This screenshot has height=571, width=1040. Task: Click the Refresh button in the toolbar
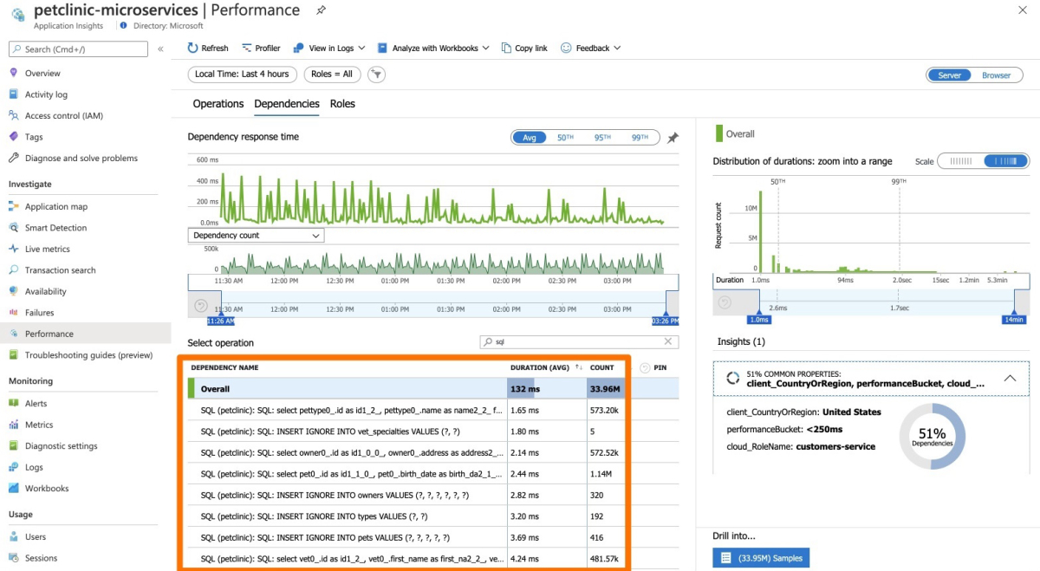pyautogui.click(x=208, y=49)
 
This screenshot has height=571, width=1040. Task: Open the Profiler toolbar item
pyautogui.click(x=262, y=49)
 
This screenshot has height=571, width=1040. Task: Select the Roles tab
pyautogui.click(x=342, y=104)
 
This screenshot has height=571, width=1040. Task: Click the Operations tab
pyautogui.click(x=218, y=104)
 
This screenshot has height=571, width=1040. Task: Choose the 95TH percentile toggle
pyautogui.click(x=602, y=138)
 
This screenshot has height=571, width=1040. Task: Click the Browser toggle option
pyautogui.click(x=996, y=75)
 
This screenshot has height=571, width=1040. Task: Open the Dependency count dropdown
pyautogui.click(x=256, y=236)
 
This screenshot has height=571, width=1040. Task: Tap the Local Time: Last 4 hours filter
pyautogui.click(x=242, y=75)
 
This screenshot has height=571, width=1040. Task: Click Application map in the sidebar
pyautogui.click(x=55, y=206)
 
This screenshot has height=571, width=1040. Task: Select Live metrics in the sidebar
pyautogui.click(x=47, y=249)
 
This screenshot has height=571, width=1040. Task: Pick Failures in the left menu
pyautogui.click(x=39, y=313)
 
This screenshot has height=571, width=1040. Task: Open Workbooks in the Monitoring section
pyautogui.click(x=46, y=489)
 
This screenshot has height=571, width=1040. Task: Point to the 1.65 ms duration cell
pyautogui.click(x=525, y=410)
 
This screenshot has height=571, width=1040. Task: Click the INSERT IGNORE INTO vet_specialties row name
pyautogui.click(x=341, y=431)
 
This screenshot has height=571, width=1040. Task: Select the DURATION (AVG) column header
pyautogui.click(x=539, y=368)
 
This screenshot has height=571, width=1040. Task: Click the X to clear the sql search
pyautogui.click(x=668, y=342)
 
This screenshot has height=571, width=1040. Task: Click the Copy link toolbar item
pyautogui.click(x=524, y=49)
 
